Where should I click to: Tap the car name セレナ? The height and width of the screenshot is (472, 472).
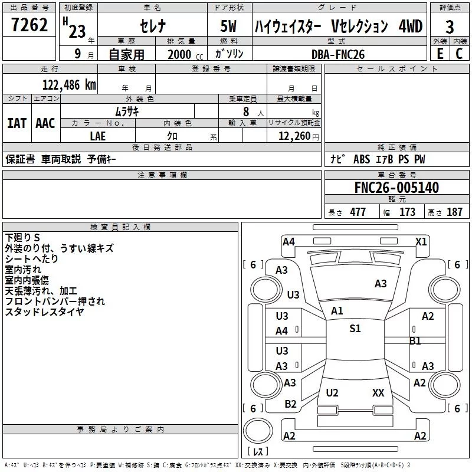pyautogui.click(x=152, y=27)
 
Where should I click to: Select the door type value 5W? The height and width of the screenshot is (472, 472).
pyautogui.click(x=230, y=27)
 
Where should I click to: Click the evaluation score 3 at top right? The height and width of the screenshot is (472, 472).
pyautogui.click(x=450, y=27)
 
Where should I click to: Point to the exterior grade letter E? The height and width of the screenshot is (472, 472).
pyautogui.click(x=439, y=53)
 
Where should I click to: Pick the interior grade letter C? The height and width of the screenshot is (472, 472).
pyautogui.click(x=459, y=53)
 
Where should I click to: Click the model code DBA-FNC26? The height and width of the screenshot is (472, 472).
pyautogui.click(x=338, y=54)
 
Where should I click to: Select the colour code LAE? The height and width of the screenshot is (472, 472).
pyautogui.click(x=98, y=136)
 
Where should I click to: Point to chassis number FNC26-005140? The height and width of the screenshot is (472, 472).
pyautogui.click(x=396, y=188)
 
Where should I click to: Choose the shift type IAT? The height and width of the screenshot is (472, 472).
pyautogui.click(x=17, y=123)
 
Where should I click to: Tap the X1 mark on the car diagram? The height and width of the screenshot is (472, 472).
pyautogui.click(x=421, y=241)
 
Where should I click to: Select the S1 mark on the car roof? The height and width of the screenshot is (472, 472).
pyautogui.click(x=355, y=329)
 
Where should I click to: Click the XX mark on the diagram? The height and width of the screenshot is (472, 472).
pyautogui.click(x=378, y=392)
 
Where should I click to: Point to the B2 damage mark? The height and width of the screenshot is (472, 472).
pyautogui.click(x=290, y=404)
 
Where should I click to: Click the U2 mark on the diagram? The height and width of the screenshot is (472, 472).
pyautogui.click(x=332, y=392)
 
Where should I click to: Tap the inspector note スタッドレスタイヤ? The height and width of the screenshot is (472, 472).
pyautogui.click(x=44, y=312)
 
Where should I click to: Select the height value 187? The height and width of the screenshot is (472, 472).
pyautogui.click(x=454, y=212)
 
